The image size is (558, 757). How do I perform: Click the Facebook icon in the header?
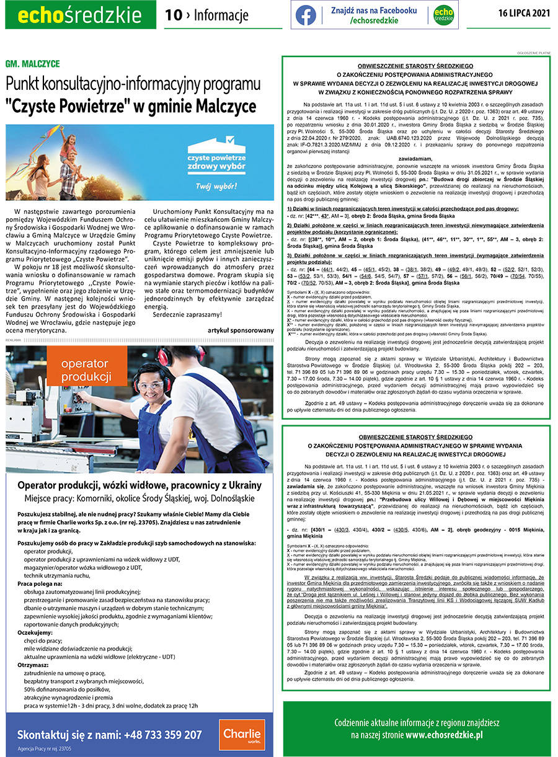(x=306, y=15)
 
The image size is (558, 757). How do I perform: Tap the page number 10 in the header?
(x=173, y=15)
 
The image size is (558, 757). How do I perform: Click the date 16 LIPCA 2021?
(x=524, y=14)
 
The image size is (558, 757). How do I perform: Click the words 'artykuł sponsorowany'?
(x=241, y=330)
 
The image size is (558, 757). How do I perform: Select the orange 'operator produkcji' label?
(x=86, y=370)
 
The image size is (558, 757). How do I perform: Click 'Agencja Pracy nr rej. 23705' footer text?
(x=45, y=748)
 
